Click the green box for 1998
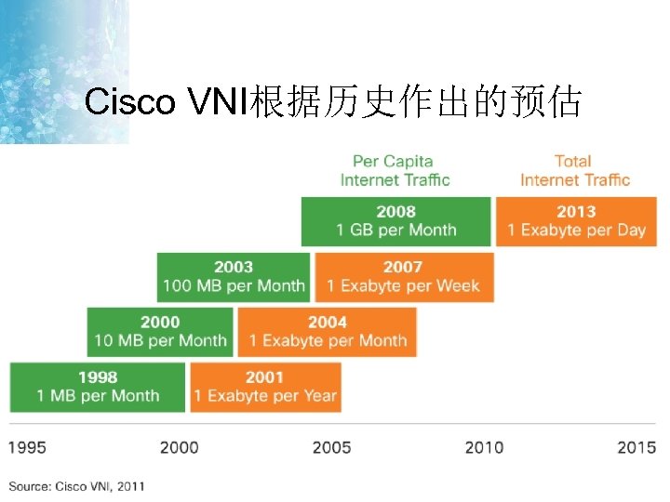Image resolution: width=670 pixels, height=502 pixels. (x=98, y=387)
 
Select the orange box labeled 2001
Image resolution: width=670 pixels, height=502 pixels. (x=265, y=387)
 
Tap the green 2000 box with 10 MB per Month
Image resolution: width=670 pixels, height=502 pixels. (x=160, y=332)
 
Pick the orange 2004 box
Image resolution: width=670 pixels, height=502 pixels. (x=328, y=332)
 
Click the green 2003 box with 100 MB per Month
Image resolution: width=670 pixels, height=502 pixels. (x=234, y=276)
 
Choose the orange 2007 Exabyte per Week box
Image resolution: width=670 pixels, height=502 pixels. (x=404, y=276)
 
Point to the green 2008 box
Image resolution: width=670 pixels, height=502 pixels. (x=395, y=221)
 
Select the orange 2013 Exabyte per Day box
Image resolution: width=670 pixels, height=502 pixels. (x=576, y=221)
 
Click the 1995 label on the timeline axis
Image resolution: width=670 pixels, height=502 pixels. (x=27, y=447)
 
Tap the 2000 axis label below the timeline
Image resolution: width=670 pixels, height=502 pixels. (x=179, y=447)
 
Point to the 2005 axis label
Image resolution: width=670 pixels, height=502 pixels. (x=331, y=447)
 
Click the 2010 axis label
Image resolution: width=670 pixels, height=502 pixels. (x=484, y=447)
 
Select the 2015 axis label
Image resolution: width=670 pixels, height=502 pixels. (x=636, y=447)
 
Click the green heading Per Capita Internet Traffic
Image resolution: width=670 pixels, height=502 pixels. (x=395, y=170)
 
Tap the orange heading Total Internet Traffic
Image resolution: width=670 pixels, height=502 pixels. (x=574, y=170)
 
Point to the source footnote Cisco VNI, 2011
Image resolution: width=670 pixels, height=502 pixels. (x=77, y=486)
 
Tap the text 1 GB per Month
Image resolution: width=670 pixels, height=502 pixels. (x=396, y=230)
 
